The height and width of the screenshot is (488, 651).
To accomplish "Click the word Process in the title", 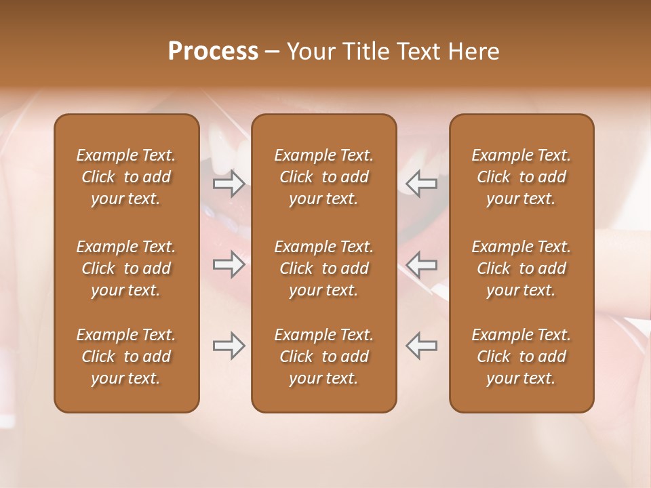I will click(x=213, y=52).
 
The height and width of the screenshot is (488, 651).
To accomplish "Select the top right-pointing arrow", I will click(x=229, y=183).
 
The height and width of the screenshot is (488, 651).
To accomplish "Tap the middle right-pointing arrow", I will click(x=229, y=264).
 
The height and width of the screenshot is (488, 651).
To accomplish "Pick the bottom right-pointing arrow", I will click(x=229, y=346).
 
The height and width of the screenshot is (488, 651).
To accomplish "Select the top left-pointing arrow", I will click(x=422, y=183).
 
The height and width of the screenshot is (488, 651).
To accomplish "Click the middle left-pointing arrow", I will click(x=422, y=264).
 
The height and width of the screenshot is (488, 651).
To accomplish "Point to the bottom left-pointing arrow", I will click(x=422, y=346).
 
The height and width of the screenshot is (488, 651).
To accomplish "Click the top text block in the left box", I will click(x=126, y=177).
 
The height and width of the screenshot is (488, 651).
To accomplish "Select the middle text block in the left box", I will click(x=126, y=268).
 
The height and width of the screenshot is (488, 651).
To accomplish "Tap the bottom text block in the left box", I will click(x=126, y=357).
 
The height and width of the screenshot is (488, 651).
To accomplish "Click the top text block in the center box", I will click(x=323, y=177).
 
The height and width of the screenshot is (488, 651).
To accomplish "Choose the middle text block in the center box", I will click(x=323, y=268).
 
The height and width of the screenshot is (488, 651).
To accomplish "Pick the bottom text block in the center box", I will click(x=323, y=357).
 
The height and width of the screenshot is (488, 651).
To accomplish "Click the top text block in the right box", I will click(x=521, y=177).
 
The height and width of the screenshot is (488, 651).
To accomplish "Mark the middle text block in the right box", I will click(x=521, y=268).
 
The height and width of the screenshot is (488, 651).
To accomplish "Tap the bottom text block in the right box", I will click(x=521, y=357).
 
